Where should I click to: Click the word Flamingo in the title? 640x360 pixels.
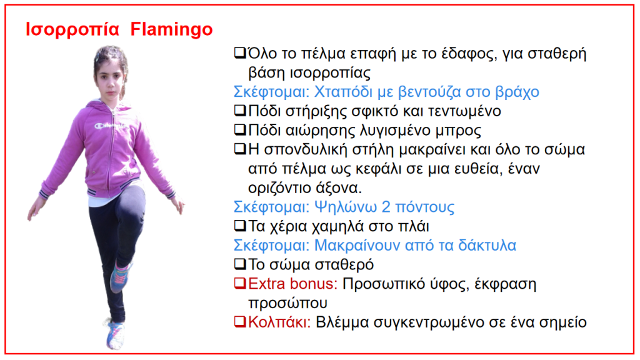point(171,30)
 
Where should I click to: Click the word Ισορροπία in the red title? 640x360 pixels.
point(72,30)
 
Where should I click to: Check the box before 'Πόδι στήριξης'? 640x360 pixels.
point(240,111)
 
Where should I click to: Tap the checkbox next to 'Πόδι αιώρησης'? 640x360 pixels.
point(240,130)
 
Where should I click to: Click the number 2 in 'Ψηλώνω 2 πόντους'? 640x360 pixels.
point(386,207)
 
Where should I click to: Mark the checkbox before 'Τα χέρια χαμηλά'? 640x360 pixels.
point(240,226)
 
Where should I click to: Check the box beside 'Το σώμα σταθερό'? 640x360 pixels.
point(240,264)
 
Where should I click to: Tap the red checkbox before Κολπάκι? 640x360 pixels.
point(240,322)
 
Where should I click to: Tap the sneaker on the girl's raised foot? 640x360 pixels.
point(121,276)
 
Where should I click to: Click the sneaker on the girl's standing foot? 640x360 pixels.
point(115,335)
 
